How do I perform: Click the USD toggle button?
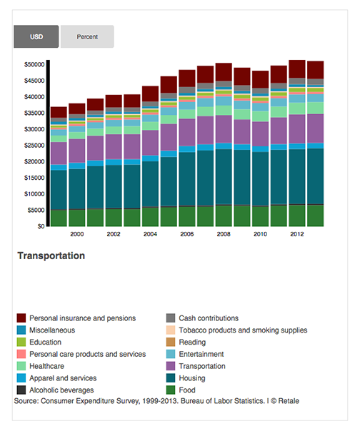[36, 36]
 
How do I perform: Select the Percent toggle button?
[87, 36]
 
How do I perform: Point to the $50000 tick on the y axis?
[34, 65]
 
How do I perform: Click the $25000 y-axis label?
[34, 146]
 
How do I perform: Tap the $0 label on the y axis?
[41, 226]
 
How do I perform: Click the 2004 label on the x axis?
[150, 234]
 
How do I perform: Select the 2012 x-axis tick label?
[297, 234]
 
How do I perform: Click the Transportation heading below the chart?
[51, 255]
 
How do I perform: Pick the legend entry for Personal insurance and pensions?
[76, 318]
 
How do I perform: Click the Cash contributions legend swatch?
[171, 318]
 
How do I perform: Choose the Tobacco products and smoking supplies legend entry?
[237, 330]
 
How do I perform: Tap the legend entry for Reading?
[186, 343]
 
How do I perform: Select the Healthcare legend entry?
[41, 366]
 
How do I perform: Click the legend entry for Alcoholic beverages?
[55, 390]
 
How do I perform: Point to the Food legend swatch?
[171, 390]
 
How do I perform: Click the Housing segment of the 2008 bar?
[224, 177]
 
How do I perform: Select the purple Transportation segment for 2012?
[297, 129]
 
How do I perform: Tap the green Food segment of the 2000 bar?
[77, 218]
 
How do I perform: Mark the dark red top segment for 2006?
[187, 78]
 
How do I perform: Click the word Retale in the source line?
[289, 401]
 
